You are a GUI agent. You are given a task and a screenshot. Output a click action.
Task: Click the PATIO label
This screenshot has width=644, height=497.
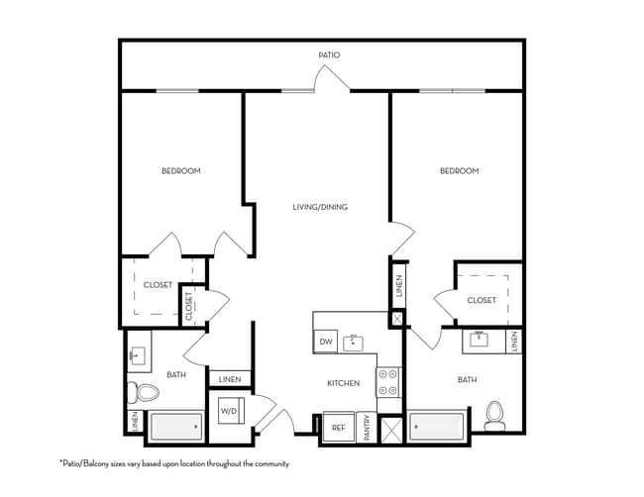pyautogui.click(x=329, y=55)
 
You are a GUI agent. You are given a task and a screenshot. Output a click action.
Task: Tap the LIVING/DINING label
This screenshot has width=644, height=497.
pyautogui.click(x=320, y=207)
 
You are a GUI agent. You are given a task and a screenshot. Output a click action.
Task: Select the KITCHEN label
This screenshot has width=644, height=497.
pyautogui.click(x=344, y=383)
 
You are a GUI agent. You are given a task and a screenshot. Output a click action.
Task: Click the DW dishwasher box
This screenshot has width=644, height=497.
pyautogui.click(x=326, y=342)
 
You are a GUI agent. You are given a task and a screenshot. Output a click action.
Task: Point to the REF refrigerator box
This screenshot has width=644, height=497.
pyautogui.click(x=339, y=428)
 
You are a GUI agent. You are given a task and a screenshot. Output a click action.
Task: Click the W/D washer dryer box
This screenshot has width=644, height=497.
pyautogui.click(x=231, y=411)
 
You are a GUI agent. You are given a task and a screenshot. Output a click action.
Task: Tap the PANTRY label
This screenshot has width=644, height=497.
pyautogui.click(x=367, y=428)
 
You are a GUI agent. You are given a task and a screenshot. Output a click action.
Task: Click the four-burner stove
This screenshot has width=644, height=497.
pyautogui.click(x=388, y=382)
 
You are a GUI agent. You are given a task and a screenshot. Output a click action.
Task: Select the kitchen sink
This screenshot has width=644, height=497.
pyautogui.click(x=354, y=344)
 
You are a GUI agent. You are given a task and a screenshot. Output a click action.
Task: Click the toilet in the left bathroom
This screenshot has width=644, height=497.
pyautogui.click(x=143, y=393)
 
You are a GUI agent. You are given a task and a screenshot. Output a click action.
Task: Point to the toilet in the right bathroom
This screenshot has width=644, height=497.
pyautogui.click(x=495, y=416)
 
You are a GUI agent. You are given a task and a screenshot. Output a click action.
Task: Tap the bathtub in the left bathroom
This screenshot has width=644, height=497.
pyautogui.click(x=176, y=427)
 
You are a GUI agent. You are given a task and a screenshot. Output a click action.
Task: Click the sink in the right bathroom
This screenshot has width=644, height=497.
pyautogui.click(x=479, y=339)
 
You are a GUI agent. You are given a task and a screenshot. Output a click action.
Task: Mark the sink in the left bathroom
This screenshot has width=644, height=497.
pyautogui.click(x=137, y=355)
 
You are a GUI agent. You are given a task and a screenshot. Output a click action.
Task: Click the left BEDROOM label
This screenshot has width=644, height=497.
pyautogui.click(x=181, y=170)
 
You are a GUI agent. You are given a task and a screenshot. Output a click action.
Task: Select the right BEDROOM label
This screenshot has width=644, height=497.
pyautogui.click(x=459, y=170)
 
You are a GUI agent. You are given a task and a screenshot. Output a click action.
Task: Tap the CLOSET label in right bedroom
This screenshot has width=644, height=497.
pyautogui.click(x=482, y=300)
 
